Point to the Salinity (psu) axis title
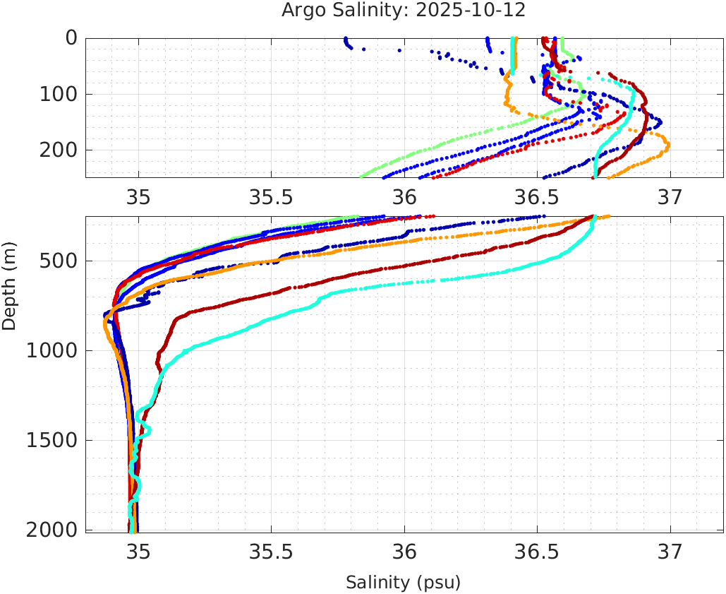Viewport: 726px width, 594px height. click(403, 583)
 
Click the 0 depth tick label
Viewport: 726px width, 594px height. click(71, 38)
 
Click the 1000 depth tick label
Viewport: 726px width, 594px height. click(52, 351)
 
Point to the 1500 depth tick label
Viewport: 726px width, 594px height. click(52, 441)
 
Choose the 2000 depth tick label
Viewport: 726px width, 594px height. click(52, 530)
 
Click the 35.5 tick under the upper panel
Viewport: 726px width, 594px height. click(271, 196)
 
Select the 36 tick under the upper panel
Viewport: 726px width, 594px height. click(404, 196)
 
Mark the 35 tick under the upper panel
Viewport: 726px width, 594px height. click(138, 196)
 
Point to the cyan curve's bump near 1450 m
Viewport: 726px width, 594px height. click(147, 429)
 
